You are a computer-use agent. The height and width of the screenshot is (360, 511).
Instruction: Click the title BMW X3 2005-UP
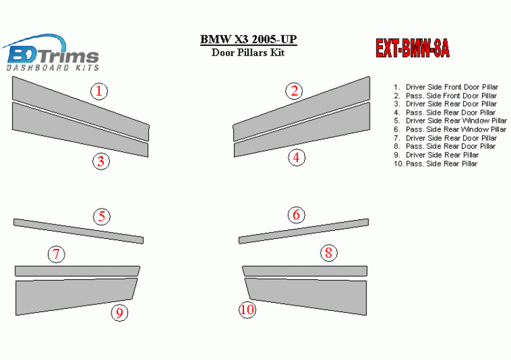pos(249,40)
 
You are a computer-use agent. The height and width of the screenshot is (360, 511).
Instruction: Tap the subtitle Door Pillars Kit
pos(248,52)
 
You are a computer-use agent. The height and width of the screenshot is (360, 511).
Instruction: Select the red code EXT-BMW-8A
pos(413,49)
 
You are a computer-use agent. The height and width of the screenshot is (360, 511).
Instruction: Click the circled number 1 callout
pos(99,91)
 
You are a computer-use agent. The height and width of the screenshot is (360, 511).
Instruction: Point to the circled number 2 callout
pos(294,91)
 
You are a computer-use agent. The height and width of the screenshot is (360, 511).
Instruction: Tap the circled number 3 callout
pos(101,161)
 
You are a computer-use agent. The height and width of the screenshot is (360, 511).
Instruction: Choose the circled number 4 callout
pos(297,158)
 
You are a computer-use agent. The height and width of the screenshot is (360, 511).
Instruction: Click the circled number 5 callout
pos(102,217)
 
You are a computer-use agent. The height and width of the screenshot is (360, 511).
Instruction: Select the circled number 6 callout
pos(297,215)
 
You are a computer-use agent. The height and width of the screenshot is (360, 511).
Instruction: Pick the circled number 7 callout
pos(56,255)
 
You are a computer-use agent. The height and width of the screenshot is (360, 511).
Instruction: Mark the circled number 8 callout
pos(329,253)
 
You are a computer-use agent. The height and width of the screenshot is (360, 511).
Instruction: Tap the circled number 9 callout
pos(120,313)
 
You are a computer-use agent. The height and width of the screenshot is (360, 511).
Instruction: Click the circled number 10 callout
pos(247,309)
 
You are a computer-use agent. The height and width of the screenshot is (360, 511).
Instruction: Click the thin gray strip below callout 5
pos(78,231)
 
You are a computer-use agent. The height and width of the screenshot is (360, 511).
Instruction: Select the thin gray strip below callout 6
pos(303,231)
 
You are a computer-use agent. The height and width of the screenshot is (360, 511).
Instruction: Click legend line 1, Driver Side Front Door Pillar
pos(446,87)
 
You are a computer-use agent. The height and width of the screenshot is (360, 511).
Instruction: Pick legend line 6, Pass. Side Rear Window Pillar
pos(450,129)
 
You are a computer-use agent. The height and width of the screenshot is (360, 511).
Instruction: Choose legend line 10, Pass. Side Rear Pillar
pos(435,163)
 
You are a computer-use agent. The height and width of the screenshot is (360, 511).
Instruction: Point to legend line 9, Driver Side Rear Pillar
pos(436,155)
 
